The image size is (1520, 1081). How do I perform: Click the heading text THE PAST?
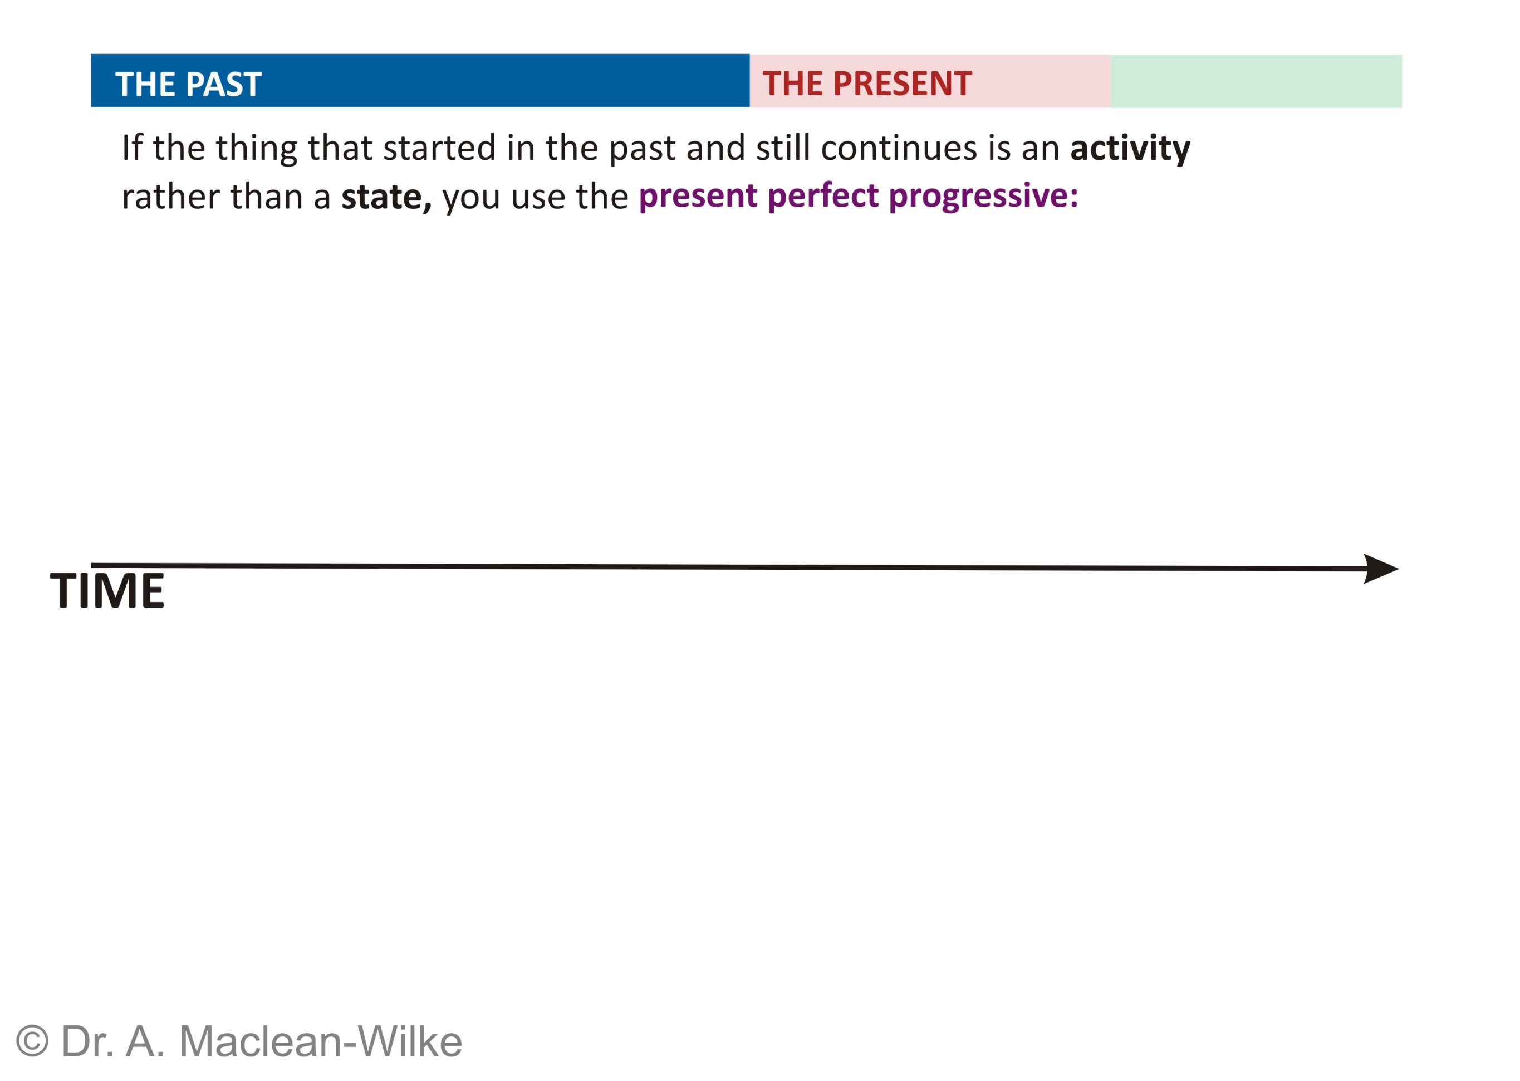coord(188,84)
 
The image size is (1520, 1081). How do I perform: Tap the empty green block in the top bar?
coord(1256,81)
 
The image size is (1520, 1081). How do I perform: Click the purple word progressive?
coord(984,197)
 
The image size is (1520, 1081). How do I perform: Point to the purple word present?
coord(698,197)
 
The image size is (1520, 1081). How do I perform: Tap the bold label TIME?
coord(107,590)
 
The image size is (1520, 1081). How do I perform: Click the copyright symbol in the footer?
coord(32,1041)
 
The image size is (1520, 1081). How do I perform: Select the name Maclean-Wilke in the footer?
coord(320,1041)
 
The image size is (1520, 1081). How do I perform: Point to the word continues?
coord(899,148)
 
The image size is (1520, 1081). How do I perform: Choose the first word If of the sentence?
coord(132,147)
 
